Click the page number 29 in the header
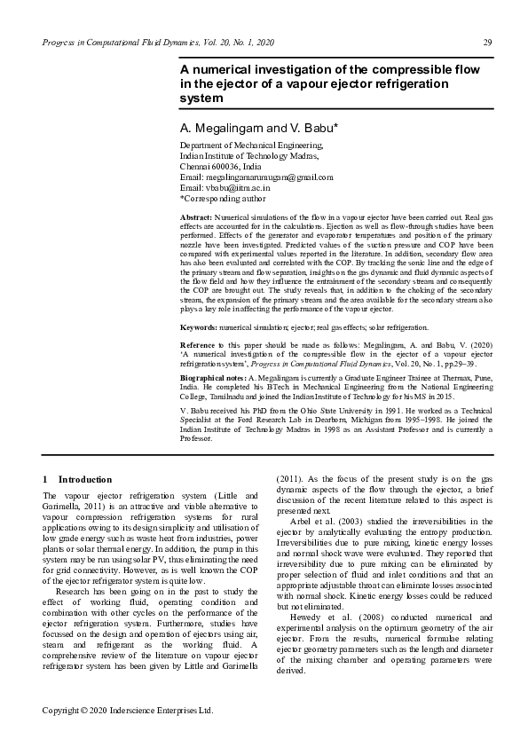point(487,43)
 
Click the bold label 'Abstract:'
point(196,217)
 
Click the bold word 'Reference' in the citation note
point(200,343)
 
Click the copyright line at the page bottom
point(129,711)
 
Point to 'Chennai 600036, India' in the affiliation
point(221,166)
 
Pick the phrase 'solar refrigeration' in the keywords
point(397,328)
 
